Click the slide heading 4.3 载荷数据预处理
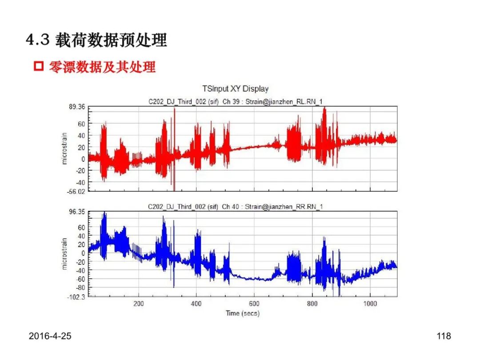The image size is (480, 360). [96, 40]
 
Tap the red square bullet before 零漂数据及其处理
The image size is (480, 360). [39, 66]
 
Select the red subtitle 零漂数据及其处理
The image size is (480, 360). [102, 67]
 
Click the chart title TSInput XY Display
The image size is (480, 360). [235, 89]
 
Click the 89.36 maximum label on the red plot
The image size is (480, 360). [77, 107]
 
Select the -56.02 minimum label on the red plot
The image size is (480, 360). [76, 192]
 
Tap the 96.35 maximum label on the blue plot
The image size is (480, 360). [77, 212]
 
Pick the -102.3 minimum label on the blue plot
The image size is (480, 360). [76, 297]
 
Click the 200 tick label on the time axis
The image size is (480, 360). [138, 304]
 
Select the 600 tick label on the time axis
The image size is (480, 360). [254, 304]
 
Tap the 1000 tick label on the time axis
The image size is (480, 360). [370, 304]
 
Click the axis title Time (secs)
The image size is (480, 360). [243, 313]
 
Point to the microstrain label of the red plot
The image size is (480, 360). [64, 148]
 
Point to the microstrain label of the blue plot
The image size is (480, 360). [64, 254]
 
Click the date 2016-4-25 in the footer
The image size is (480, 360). [50, 336]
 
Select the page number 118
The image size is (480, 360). [444, 336]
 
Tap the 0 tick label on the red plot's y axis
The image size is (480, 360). [83, 159]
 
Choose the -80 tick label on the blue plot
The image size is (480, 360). [80, 288]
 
